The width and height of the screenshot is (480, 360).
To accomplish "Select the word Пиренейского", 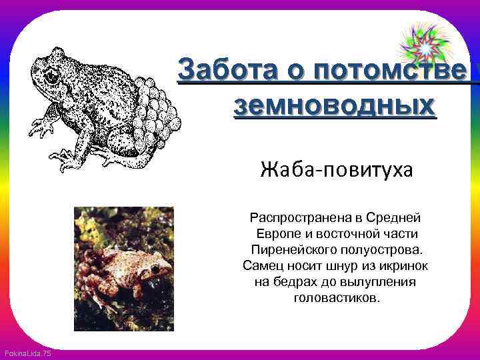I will click(x=291, y=249).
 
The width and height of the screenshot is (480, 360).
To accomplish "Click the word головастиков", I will click(x=336, y=297).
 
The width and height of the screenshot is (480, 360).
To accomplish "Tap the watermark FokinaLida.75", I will click(x=27, y=353).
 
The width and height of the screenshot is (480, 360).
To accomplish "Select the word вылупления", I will click(x=381, y=281).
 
